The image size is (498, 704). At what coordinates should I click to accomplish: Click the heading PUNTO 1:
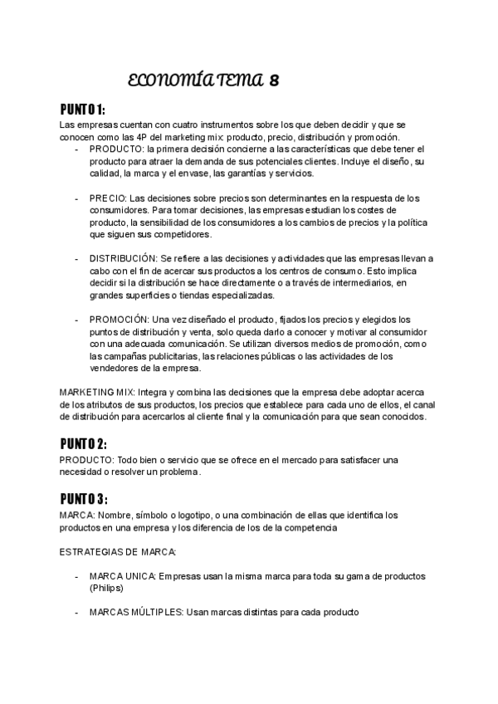(x=83, y=110)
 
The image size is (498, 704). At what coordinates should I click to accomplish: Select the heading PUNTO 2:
(x=84, y=443)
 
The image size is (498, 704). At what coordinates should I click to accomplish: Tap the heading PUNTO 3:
(x=84, y=499)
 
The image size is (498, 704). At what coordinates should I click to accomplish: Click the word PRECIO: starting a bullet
(x=108, y=198)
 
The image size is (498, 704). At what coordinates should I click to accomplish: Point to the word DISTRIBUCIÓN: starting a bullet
(x=123, y=259)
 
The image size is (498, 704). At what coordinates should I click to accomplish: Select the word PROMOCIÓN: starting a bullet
(x=119, y=320)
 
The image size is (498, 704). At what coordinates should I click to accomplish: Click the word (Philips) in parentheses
(x=105, y=588)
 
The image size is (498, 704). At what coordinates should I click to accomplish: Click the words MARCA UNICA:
(x=121, y=576)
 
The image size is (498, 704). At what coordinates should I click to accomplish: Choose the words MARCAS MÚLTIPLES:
(x=136, y=613)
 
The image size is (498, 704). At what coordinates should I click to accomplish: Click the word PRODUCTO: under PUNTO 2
(x=86, y=459)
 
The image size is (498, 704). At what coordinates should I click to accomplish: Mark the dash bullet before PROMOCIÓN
(x=76, y=320)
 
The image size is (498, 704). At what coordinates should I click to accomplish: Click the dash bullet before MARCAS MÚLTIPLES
(x=76, y=613)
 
